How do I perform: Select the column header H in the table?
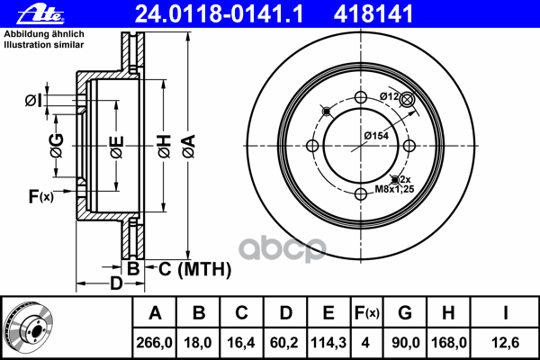click(448, 313)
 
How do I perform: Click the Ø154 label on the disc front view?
click(375, 135)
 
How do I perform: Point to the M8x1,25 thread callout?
click(392, 190)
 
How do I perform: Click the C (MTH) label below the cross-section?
click(188, 268)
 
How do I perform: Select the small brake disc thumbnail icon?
click(30, 327)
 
